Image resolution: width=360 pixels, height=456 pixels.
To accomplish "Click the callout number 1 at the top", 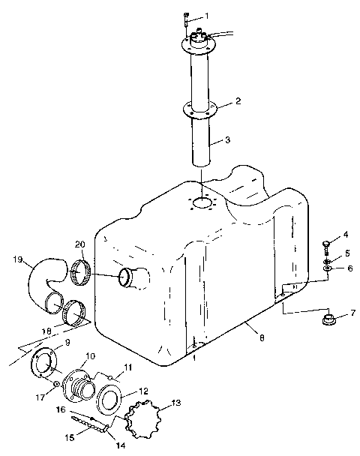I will pyautogui.click(x=208, y=16).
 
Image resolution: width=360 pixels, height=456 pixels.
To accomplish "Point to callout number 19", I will pyautogui.click(x=18, y=260).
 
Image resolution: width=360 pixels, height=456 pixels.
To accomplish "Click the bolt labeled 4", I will pyautogui.click(x=324, y=244).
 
